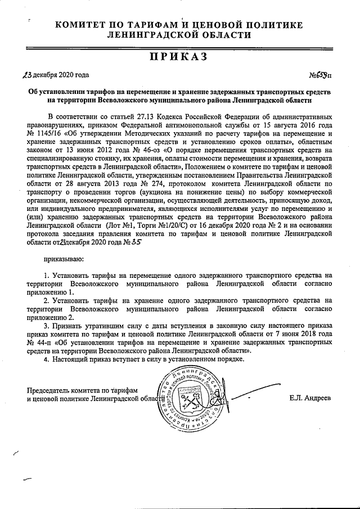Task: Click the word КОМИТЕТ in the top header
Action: [x=82, y=25]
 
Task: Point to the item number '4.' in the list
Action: [x=46, y=359]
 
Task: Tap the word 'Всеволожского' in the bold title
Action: [x=119, y=100]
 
